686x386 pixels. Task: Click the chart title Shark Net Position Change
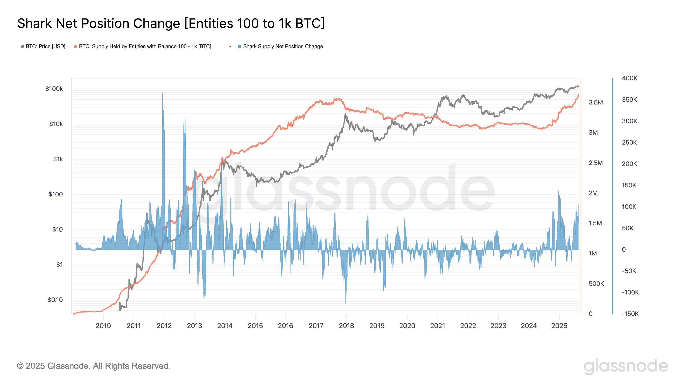[171, 23]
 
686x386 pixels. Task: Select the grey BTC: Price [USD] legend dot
[22, 46]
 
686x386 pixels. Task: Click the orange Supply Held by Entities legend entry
[145, 46]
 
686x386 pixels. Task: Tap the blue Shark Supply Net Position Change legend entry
[283, 46]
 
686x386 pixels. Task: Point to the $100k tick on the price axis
[54, 89]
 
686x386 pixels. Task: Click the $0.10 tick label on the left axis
[55, 300]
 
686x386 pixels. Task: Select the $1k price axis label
[58, 159]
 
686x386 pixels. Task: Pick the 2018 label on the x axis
[346, 326]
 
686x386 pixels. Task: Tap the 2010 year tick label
[103, 326]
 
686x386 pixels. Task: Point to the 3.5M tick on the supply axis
[596, 102]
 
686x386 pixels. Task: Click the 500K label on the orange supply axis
[596, 283]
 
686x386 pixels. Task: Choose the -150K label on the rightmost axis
[630, 314]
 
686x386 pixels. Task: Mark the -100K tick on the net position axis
[630, 292]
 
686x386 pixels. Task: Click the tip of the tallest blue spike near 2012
[162, 93]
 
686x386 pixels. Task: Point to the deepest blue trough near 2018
[346, 303]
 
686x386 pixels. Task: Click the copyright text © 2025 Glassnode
[93, 366]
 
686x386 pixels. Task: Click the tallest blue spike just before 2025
[558, 191]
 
